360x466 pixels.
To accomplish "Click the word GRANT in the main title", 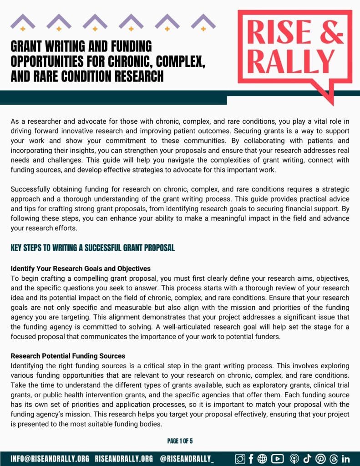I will [x=28, y=46].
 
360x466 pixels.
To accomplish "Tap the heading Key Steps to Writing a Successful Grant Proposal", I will [x=92, y=248].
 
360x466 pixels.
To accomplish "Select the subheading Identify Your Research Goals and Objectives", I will [x=81, y=268].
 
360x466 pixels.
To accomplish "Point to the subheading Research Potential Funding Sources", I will [x=68, y=355].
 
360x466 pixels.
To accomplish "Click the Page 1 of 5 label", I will [x=180, y=441].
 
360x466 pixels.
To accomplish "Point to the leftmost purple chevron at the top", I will [x=23, y=21].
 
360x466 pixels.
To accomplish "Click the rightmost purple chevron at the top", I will [x=203, y=21].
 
